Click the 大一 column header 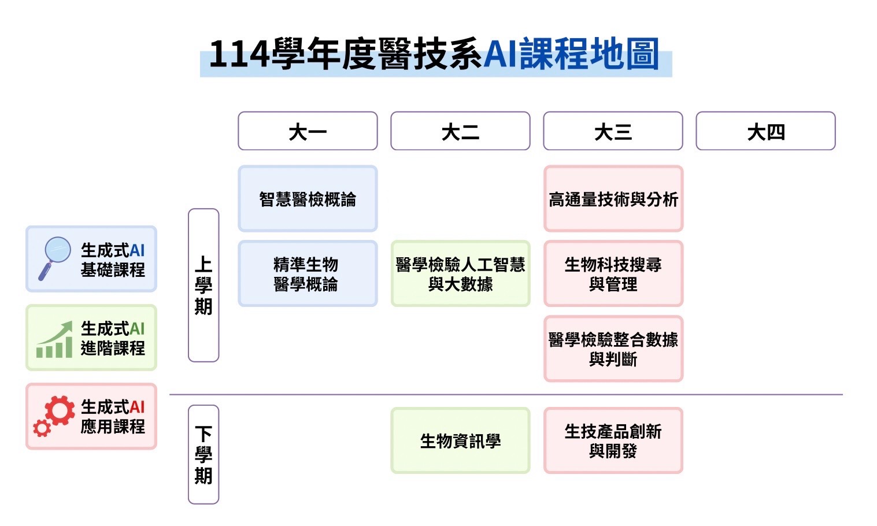tap(308, 131)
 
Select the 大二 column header tap(460, 131)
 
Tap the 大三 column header tap(613, 131)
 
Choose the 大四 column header tap(766, 131)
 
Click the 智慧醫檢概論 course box tap(308, 198)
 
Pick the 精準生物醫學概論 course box tap(308, 273)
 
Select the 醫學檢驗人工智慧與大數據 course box tap(460, 273)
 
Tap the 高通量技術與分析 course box tap(613, 198)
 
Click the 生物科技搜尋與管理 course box tap(613, 273)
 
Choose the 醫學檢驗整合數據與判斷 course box tap(613, 349)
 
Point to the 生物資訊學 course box tap(460, 440)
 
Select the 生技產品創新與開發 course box tap(613, 440)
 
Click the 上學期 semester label tap(203, 286)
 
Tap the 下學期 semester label tap(203, 454)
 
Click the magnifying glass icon tap(55, 258)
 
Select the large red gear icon tap(60, 410)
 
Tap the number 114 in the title tap(239, 54)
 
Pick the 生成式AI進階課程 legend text tap(113, 339)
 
